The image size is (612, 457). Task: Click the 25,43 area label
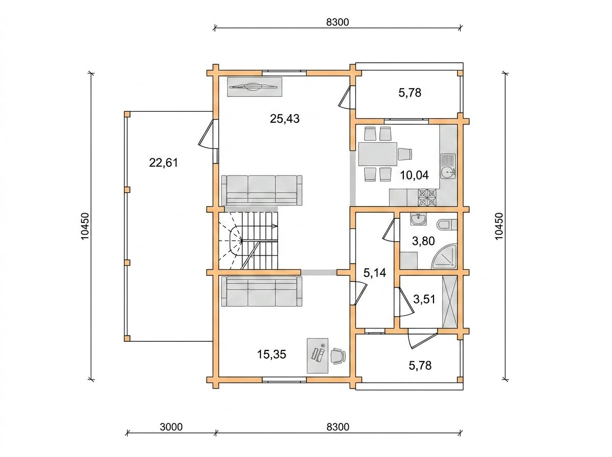[285, 119]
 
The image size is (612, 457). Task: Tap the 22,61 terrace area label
[163, 163]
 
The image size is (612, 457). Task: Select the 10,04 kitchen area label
[414, 175]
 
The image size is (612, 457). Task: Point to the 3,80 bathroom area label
[423, 241]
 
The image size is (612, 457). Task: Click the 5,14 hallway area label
[375, 273]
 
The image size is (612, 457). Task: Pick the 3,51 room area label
[424, 299]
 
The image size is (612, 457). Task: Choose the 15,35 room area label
[271, 354]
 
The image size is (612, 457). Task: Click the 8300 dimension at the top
[338, 22]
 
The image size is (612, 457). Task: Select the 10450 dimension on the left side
[85, 226]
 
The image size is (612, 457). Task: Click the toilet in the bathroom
[447, 225]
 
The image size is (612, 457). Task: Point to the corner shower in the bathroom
[444, 256]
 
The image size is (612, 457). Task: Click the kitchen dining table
[377, 154]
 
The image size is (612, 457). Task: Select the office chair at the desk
[338, 356]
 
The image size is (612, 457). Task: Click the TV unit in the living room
[254, 87]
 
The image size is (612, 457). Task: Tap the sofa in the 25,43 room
[262, 190]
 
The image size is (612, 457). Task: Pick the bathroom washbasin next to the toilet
[418, 219]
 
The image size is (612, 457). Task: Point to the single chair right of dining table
[405, 154]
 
